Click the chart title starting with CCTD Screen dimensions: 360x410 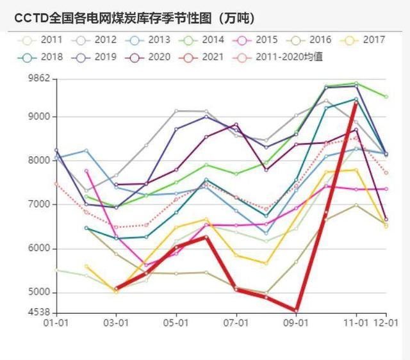pyautogui.click(x=135, y=18)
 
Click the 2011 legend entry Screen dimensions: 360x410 pyautogui.click(x=42, y=40)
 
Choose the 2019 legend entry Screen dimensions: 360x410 pyautogui.click(x=95, y=57)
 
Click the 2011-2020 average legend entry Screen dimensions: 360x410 pyautogui.click(x=282, y=57)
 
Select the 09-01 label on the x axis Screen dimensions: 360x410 pyautogui.click(x=296, y=323)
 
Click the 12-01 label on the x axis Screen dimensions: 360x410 pyautogui.click(x=386, y=323)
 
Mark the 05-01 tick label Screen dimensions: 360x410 pyautogui.click(x=176, y=323)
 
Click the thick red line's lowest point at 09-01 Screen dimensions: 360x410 pyautogui.click(x=296, y=311)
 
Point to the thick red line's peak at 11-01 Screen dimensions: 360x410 pyautogui.click(x=356, y=102)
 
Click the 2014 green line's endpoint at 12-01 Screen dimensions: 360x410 pyautogui.click(x=386, y=97)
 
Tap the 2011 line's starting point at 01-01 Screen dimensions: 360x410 pyautogui.click(x=56, y=270)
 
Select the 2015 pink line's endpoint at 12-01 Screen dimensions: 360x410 pyautogui.click(x=386, y=189)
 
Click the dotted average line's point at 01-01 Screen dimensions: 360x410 pyautogui.click(x=56, y=184)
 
